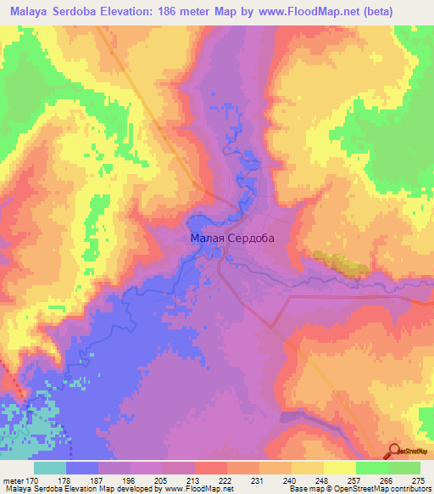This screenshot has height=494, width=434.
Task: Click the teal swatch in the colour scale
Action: [50, 468]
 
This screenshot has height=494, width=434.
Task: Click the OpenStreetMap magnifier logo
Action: [395, 451]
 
